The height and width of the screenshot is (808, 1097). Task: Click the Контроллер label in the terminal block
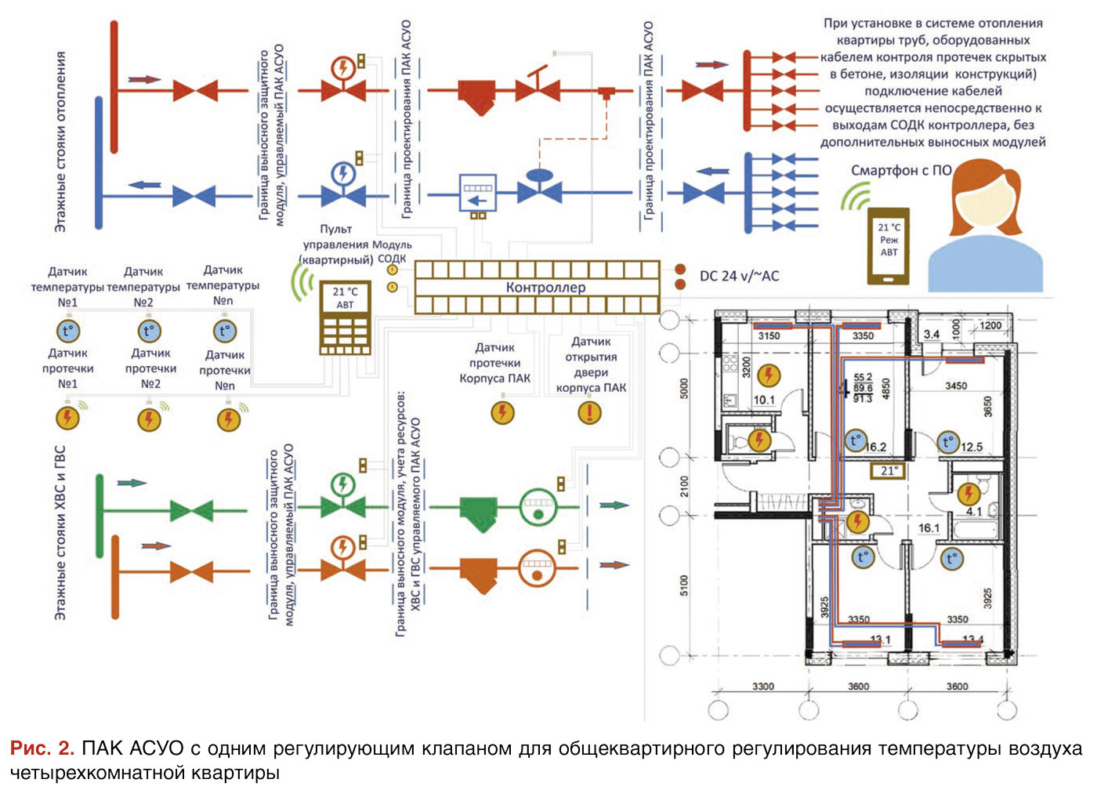tap(545, 288)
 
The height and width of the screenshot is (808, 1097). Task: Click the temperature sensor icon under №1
tap(67, 332)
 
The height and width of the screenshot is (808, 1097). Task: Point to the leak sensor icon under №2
tap(149, 419)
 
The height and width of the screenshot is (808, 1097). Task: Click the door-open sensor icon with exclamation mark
tap(589, 411)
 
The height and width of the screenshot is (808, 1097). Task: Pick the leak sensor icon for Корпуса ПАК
tap(502, 411)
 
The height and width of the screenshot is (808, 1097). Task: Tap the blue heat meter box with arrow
tap(476, 192)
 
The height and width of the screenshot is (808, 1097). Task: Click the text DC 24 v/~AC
tap(739, 276)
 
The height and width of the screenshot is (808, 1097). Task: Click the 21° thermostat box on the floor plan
tap(889, 471)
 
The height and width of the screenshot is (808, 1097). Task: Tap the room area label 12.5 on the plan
tap(972, 447)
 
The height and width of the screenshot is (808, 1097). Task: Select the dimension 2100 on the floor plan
tap(684, 486)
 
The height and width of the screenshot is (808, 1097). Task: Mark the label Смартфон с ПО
tap(901, 170)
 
